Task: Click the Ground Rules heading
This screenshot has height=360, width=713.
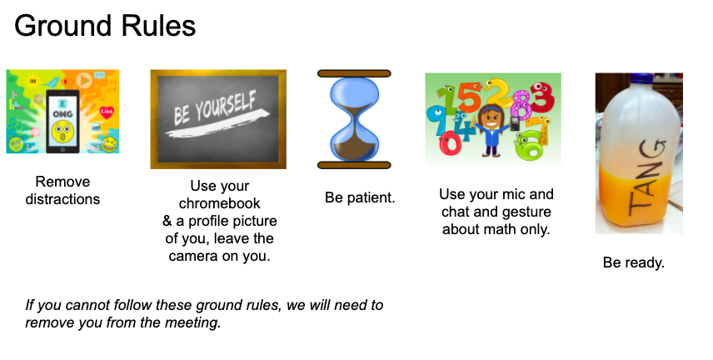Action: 105,26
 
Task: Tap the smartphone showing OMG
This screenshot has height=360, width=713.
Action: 62,122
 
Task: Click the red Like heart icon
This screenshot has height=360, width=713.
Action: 107,112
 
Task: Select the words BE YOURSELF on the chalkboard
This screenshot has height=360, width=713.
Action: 215,107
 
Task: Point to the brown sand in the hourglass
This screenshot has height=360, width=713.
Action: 354,147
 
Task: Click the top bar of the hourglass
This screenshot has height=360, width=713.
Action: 354,73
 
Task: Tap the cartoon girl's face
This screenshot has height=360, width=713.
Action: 491,117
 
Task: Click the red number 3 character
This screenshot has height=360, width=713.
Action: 542,97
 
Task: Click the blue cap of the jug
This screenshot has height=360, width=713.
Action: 641,78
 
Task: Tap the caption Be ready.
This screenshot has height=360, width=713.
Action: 634,262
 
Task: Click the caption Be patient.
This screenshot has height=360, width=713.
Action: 360,197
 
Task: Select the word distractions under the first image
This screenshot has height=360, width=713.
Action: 62,199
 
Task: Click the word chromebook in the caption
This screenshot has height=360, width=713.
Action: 220,203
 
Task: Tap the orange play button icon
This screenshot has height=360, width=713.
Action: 83,80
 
